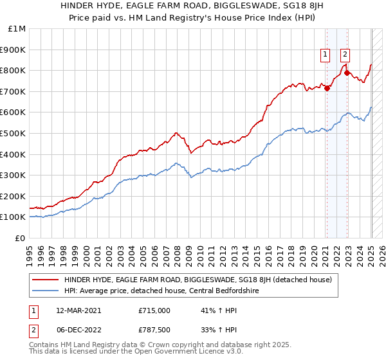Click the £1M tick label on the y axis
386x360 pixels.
17,29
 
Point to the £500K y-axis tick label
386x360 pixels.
14,134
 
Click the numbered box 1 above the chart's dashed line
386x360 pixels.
326,55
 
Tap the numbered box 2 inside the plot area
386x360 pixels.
345,55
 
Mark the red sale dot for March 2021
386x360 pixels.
327,88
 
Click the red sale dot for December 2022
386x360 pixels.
347,73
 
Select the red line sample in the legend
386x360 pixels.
44,280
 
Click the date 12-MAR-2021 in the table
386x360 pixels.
73,310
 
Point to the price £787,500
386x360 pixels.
154,330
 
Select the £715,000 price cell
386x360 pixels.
154,310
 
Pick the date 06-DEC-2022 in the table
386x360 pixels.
73,330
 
